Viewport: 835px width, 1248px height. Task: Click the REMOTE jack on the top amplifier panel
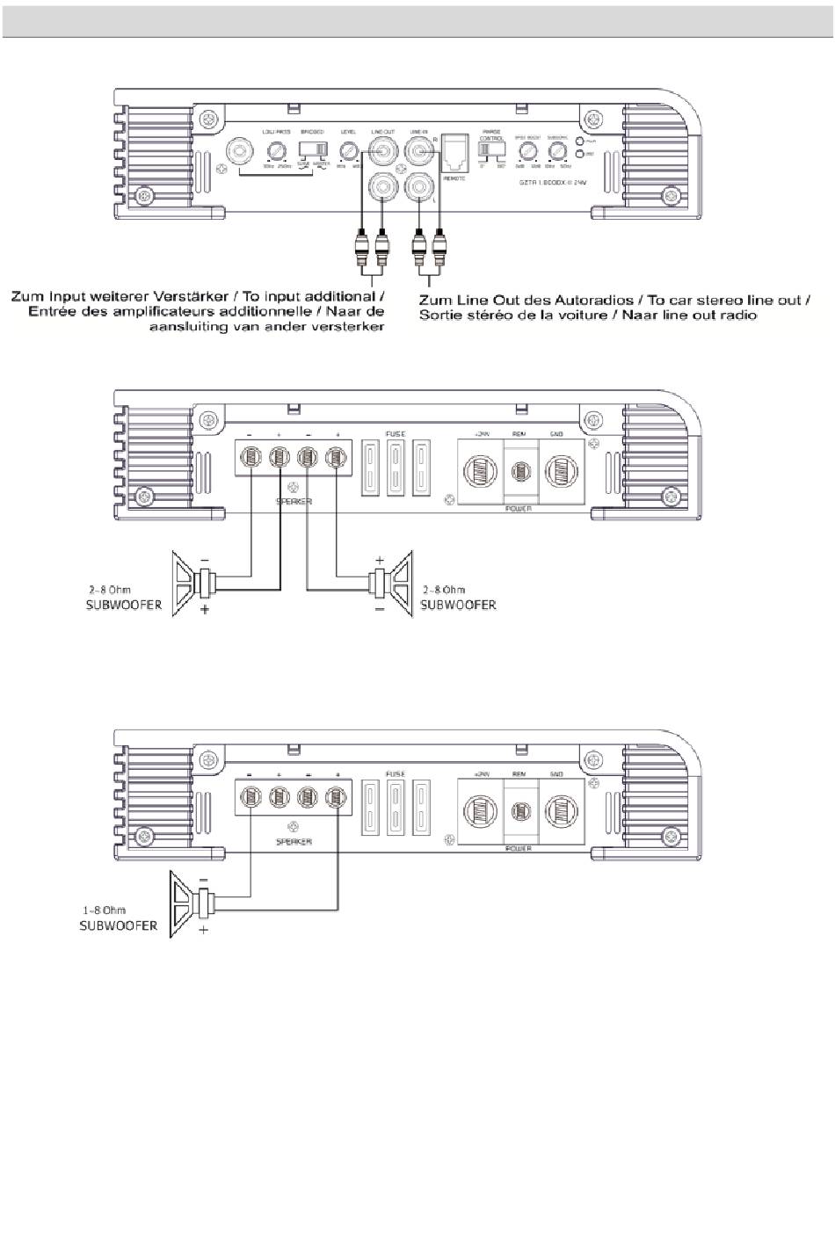[x=455, y=153]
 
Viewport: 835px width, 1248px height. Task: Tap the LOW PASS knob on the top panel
[x=276, y=150]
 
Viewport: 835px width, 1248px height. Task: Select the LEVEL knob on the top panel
[x=349, y=150]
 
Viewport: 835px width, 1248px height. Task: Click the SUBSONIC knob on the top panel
[x=555, y=150]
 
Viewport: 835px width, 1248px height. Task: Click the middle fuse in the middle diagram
[x=396, y=469]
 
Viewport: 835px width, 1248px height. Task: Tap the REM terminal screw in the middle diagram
[x=520, y=471]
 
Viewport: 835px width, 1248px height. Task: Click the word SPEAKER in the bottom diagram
[x=294, y=841]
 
